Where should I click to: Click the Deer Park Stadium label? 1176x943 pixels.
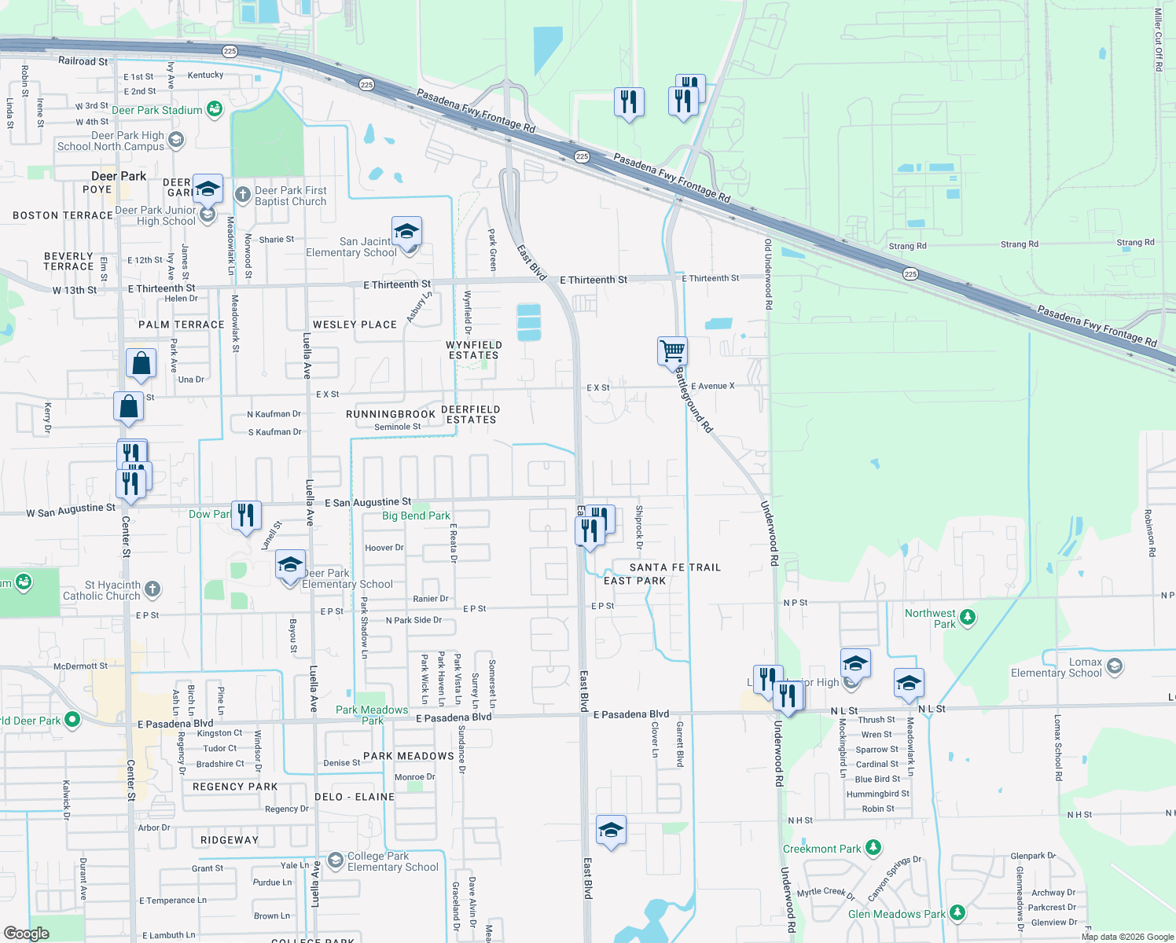156,110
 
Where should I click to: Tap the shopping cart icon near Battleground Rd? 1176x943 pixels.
672,350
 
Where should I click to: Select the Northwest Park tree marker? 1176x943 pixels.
968,618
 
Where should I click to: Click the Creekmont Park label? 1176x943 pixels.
821,849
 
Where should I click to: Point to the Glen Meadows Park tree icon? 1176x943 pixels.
957,913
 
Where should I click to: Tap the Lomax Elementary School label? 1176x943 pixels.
1056,667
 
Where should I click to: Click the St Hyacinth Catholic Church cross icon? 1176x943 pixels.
153,589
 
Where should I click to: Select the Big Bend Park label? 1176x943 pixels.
416,516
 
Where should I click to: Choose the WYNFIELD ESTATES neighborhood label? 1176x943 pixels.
473,350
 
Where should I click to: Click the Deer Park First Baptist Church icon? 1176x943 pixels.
242,193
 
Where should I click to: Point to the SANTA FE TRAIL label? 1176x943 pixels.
674,567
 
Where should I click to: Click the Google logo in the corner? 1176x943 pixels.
27,934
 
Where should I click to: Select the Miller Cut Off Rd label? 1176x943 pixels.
1158,39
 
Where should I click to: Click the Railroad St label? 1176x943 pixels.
83,61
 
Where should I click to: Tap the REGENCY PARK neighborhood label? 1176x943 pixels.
235,787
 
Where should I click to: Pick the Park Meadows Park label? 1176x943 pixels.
372,715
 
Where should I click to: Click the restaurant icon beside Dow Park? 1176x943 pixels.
246,515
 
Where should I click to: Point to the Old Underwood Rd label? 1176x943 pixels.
768,274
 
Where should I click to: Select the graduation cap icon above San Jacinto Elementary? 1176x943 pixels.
406,232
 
